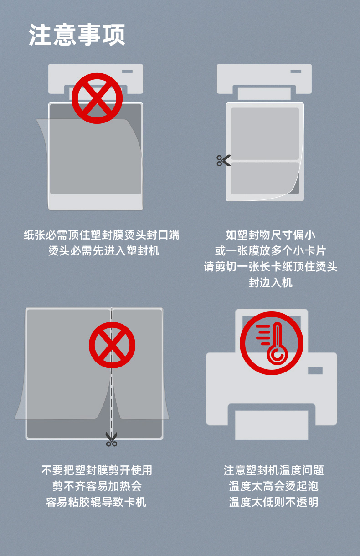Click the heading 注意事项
point(77,35)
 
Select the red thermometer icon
point(273,343)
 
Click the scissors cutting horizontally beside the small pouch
point(224,161)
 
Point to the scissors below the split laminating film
point(111,439)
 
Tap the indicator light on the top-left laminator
point(127,71)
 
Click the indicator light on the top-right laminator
point(296,71)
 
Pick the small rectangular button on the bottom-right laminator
point(315,371)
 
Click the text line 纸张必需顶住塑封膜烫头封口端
point(101,235)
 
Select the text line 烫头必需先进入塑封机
point(104,251)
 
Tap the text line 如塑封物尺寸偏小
point(271,235)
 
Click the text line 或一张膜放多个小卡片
point(270,251)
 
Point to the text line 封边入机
point(271,282)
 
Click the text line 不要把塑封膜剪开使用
point(97,470)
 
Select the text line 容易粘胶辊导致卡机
point(97,502)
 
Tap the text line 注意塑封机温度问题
point(273,470)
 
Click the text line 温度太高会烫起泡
point(273,486)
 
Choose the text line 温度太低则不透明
point(273,502)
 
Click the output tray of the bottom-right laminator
point(272,425)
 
